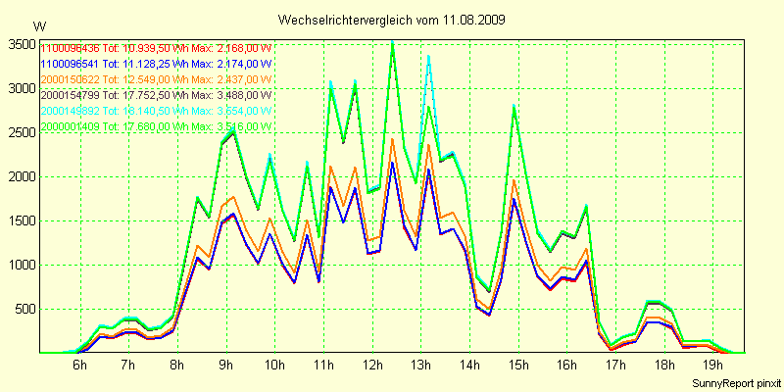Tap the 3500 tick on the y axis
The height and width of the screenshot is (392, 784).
[20, 44]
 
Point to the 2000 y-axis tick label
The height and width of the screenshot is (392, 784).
[20, 176]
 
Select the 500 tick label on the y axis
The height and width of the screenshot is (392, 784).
[23, 309]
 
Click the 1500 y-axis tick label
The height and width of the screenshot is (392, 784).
[20, 220]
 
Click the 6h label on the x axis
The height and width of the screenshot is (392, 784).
[80, 366]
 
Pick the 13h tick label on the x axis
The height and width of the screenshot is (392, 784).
[420, 366]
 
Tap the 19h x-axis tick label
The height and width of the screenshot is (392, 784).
[712, 366]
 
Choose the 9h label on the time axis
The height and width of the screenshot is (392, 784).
[226, 366]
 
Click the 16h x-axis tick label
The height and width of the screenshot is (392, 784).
[566, 366]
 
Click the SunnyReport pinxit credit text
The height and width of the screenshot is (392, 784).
[733, 382]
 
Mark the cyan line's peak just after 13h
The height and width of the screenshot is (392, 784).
[428, 57]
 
